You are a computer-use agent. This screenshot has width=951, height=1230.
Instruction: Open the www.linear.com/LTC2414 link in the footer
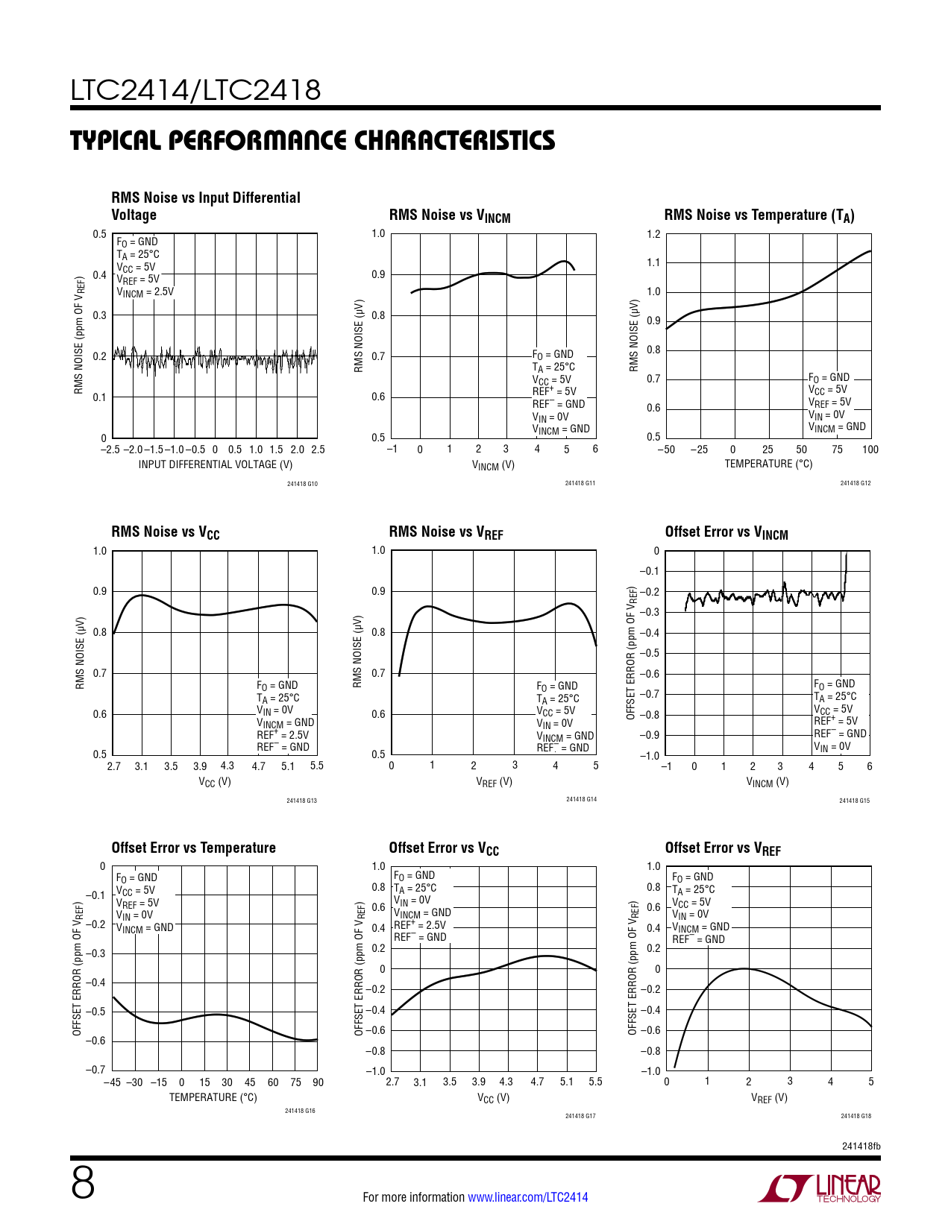click(527, 1197)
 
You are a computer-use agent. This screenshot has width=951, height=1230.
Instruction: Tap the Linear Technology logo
click(819, 1188)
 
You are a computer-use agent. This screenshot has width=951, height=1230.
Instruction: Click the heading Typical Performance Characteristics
click(313, 140)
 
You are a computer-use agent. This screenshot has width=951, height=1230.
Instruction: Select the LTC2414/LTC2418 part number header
click(195, 90)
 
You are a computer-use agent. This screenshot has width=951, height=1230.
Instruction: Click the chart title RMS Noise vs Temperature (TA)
click(759, 215)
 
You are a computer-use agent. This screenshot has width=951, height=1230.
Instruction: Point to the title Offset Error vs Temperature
click(193, 848)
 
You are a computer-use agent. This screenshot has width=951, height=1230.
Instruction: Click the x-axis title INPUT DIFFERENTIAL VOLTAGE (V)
click(215, 464)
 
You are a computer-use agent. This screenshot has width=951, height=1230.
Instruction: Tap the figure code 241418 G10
click(302, 484)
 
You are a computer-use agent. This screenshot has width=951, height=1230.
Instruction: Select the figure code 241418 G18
click(856, 1116)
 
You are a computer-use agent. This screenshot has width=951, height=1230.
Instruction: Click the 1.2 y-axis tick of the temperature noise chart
click(653, 234)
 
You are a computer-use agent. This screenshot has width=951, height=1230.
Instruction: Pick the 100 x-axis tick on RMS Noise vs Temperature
click(870, 450)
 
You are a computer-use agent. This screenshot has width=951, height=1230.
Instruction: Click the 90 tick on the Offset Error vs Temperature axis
click(318, 1082)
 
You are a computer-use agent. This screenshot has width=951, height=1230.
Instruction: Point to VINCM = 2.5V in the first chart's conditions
click(145, 292)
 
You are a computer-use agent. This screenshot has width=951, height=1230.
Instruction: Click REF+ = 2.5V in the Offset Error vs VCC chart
click(420, 925)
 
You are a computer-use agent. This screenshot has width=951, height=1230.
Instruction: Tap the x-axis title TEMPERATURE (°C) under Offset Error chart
click(213, 1097)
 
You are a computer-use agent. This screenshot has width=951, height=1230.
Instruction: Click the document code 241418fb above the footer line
click(861, 1146)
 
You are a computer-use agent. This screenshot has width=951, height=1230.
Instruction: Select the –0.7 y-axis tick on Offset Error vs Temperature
click(95, 1070)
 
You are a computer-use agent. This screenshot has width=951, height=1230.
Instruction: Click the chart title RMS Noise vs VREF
click(446, 532)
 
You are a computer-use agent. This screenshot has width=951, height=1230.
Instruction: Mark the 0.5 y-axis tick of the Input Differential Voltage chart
click(100, 234)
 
